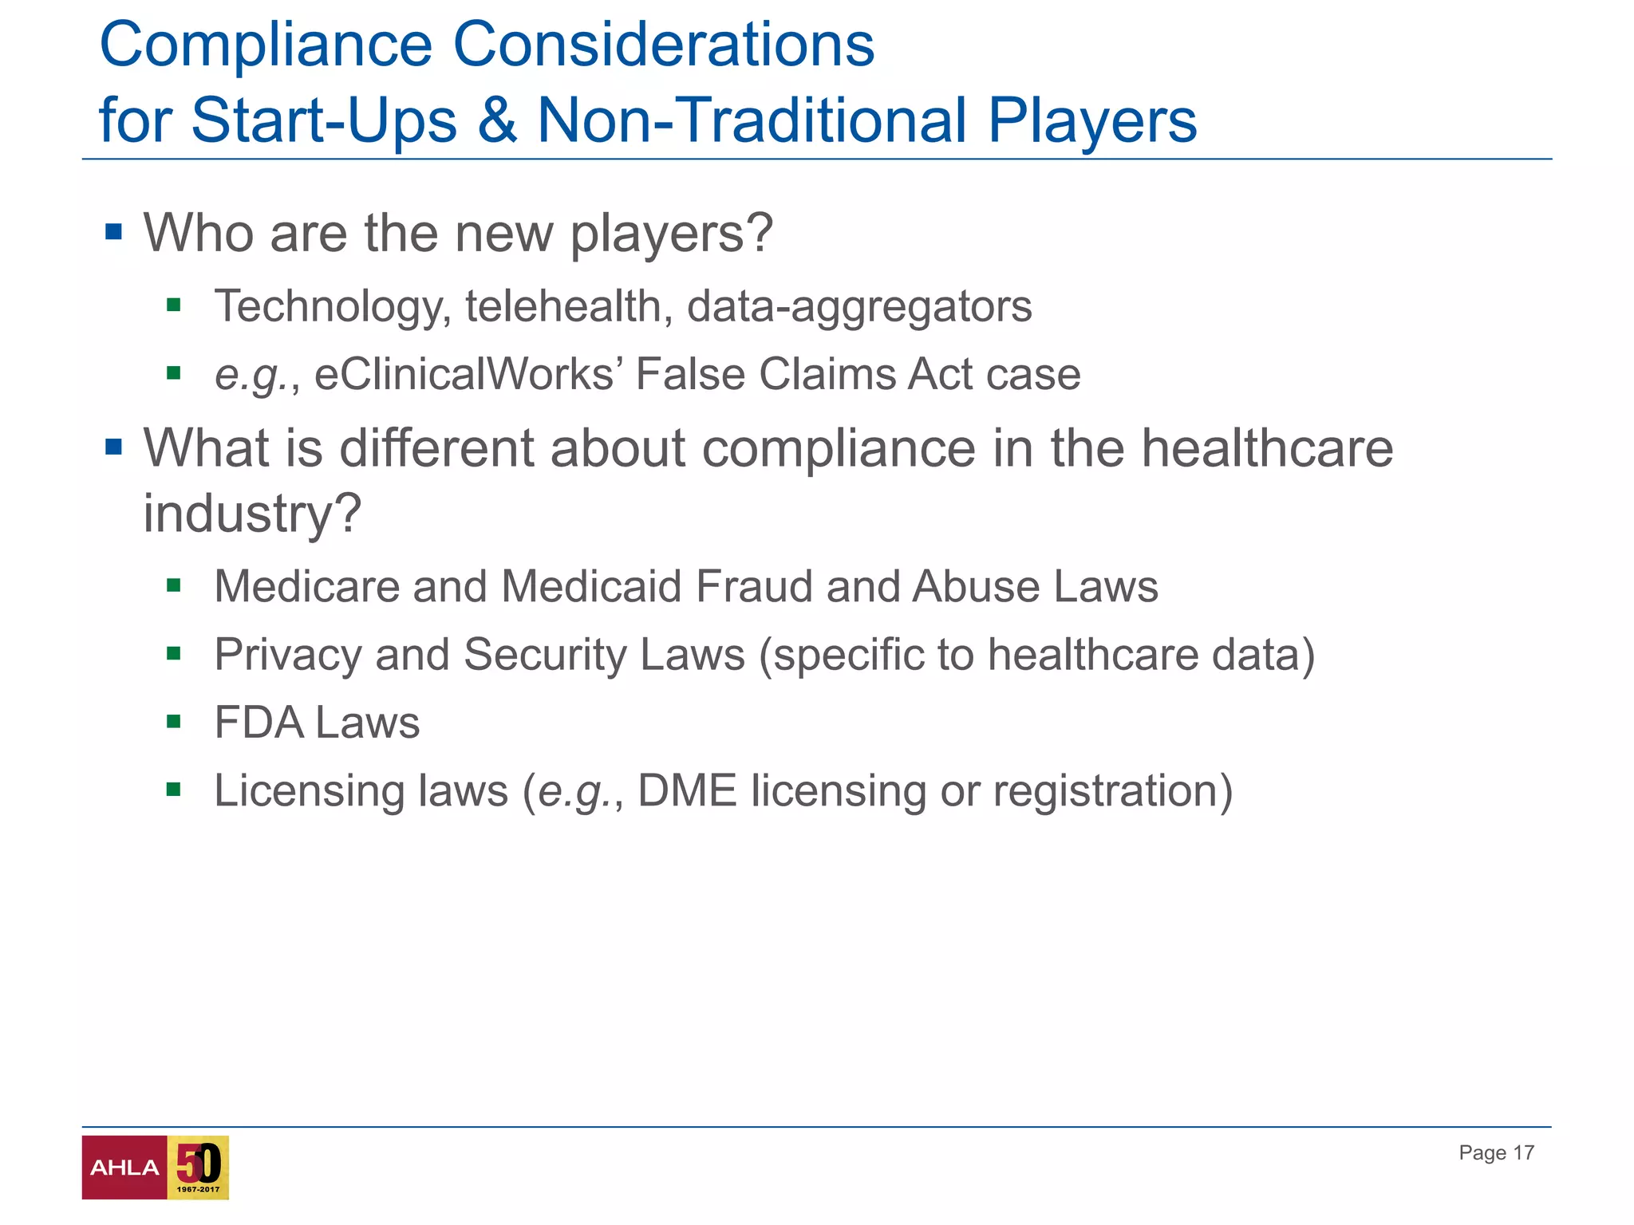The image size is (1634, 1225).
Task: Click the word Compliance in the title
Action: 266,45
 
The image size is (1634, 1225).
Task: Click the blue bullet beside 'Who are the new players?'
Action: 113,232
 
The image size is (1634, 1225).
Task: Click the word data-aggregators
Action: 859,306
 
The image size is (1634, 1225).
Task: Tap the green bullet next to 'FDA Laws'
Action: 174,722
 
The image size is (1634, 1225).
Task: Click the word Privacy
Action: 288,655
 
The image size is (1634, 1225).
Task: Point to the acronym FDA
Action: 259,723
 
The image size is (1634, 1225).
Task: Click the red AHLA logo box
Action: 124,1167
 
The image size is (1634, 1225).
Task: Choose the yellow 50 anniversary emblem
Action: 198,1167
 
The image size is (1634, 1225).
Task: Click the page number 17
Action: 1524,1152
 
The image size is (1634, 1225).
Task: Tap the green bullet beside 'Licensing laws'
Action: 174,790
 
